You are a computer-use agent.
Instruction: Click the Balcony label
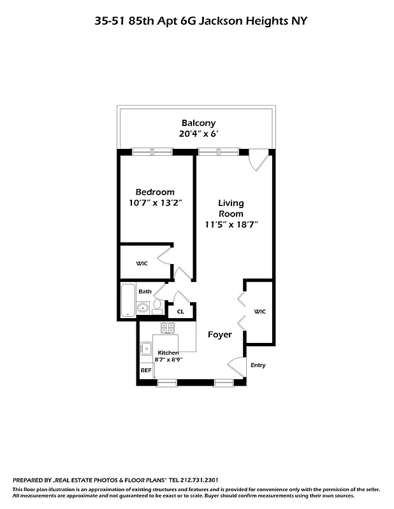tap(198, 123)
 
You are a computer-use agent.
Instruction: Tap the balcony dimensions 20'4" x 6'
tap(198, 134)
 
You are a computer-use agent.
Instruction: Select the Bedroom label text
tap(155, 192)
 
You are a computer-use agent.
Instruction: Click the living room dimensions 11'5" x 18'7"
tap(231, 225)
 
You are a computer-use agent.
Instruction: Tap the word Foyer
tap(219, 335)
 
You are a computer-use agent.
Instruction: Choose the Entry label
tap(258, 365)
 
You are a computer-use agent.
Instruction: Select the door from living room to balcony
tap(258, 161)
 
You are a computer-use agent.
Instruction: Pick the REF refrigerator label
tap(146, 370)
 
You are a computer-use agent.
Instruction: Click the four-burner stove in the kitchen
tap(168, 328)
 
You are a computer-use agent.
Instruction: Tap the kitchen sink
tap(147, 347)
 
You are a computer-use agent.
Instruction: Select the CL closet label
tap(180, 312)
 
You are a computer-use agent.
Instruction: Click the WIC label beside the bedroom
tap(141, 263)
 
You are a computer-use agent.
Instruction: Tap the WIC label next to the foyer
tap(259, 311)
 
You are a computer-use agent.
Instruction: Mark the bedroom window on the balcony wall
tap(152, 151)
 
